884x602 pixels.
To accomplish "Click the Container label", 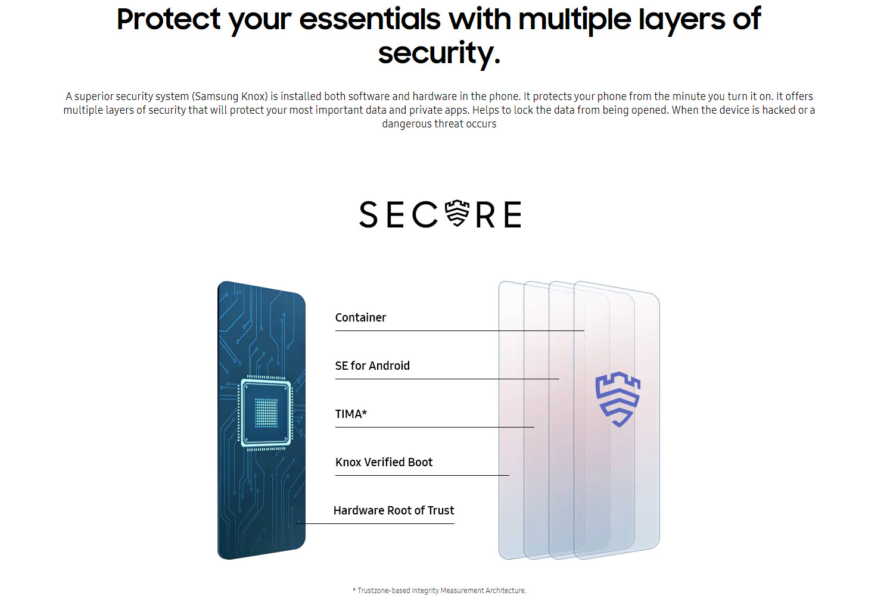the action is click(360, 317).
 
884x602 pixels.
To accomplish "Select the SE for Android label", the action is click(372, 366).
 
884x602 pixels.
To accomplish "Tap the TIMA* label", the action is click(351, 414).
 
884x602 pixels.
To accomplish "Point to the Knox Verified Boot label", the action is click(384, 462).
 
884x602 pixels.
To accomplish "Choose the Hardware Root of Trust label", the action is click(394, 510).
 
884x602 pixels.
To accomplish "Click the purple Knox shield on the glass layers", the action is click(618, 399).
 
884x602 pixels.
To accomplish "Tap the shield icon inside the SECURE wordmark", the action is click(457, 213).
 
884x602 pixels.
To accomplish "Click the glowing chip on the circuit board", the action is click(266, 413).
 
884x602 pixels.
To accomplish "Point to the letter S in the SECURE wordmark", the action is click(368, 214).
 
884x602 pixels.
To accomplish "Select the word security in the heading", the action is click(439, 53).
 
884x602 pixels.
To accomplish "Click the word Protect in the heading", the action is click(169, 19).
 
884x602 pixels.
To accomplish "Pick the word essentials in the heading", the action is click(370, 19).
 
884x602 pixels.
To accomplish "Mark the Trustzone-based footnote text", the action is click(439, 590).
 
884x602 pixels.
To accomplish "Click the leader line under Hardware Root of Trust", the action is click(375, 523).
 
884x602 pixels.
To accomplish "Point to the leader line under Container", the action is click(460, 330).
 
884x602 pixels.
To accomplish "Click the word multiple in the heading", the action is click(575, 19).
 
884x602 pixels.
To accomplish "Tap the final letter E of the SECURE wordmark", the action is click(513, 214).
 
